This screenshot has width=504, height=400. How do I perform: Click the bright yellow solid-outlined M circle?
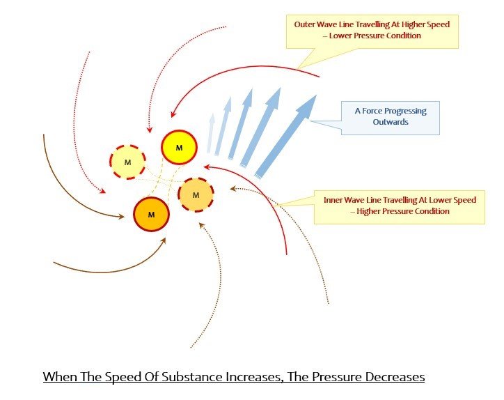(179, 147)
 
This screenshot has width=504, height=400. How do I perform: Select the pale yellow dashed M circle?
(127, 162)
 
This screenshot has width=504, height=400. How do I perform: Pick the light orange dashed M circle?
(195, 194)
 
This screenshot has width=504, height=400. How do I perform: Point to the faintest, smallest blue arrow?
(210, 133)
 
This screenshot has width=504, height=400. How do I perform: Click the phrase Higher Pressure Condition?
(402, 211)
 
